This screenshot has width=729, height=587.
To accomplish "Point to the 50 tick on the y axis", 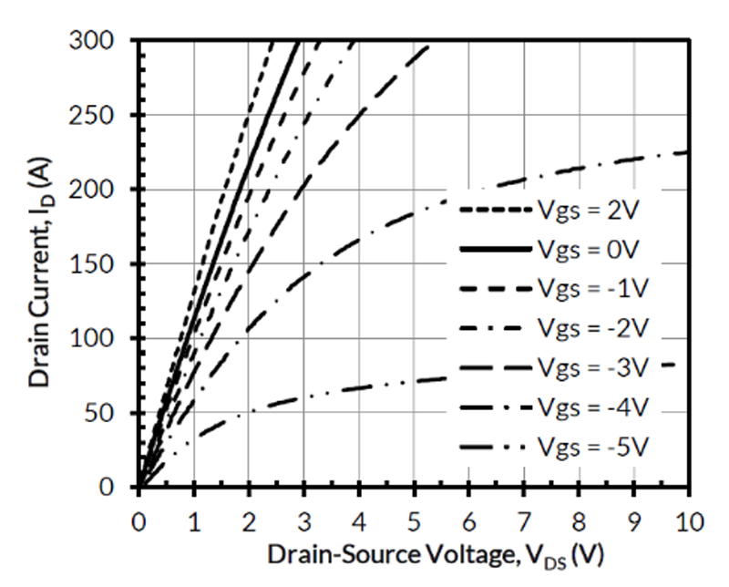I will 115,413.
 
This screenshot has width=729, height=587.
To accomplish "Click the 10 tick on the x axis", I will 688,522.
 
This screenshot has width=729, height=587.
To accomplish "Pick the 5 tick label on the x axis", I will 414,522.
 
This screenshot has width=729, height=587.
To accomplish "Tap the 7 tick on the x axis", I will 524,522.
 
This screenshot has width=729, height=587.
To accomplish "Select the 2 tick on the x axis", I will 249,522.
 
